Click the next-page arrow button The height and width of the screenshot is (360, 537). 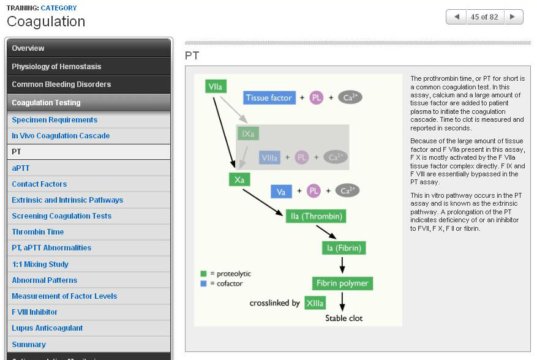point(513,17)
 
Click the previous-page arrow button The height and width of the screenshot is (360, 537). point(456,17)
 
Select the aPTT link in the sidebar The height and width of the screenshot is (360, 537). point(20,168)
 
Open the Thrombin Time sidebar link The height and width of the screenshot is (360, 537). point(38,232)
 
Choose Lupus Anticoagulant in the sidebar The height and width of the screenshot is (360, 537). point(47,328)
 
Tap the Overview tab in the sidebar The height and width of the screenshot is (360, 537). point(28,48)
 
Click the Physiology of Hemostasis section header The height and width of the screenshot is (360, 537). point(56,66)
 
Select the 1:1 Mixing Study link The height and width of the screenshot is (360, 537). point(40,264)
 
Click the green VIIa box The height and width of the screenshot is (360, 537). point(215,87)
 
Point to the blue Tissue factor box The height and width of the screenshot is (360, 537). point(269,98)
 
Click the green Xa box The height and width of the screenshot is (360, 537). point(239,179)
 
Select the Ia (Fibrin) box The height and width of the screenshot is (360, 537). point(344,247)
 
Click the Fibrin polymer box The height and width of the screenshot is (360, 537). point(342,283)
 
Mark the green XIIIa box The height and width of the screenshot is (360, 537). point(315,303)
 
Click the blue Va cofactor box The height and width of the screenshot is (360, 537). point(281,192)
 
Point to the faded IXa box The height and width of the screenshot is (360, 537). point(248,133)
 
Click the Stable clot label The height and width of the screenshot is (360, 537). point(344,318)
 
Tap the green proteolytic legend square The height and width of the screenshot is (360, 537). point(203,274)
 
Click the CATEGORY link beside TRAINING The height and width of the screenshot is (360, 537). point(59,8)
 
